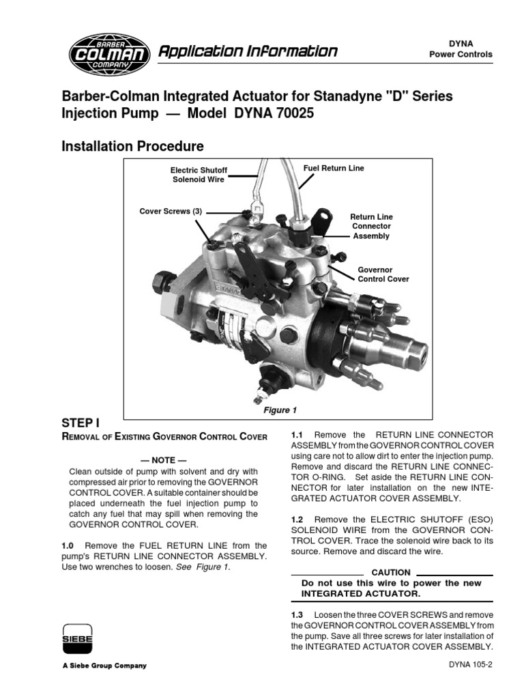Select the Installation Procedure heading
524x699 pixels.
pyautogui.click(x=132, y=146)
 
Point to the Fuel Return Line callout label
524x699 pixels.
pyautogui.click(x=334, y=168)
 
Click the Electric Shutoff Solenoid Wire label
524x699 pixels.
pyautogui.click(x=199, y=174)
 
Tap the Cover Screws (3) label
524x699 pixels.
pyautogui.click(x=171, y=212)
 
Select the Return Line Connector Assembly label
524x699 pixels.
pyautogui.click(x=371, y=226)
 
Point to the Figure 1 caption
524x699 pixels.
pyautogui.click(x=280, y=410)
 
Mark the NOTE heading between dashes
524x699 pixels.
pyautogui.click(x=163, y=460)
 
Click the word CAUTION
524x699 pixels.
pyautogui.click(x=390, y=572)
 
